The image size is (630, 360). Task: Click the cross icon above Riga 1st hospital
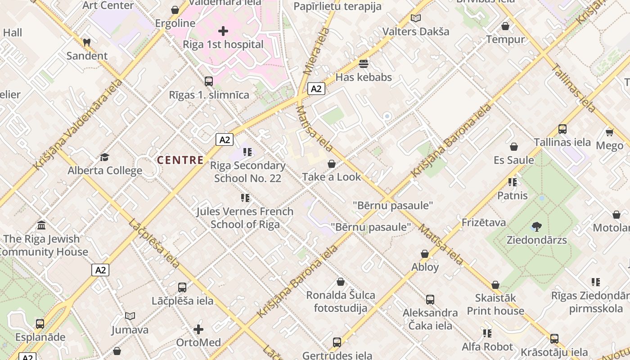(x=223, y=31)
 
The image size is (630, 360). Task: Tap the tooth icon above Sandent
(x=87, y=42)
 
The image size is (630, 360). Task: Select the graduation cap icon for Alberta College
(x=104, y=157)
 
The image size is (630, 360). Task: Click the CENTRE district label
(x=180, y=160)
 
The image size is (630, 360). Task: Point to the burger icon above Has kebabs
(x=364, y=63)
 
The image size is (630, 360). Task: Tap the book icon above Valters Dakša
(x=416, y=18)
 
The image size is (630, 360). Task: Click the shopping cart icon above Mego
(x=610, y=132)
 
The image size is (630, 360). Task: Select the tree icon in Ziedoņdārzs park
(x=536, y=226)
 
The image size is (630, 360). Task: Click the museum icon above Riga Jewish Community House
(x=41, y=225)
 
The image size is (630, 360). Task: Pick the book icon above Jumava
(x=130, y=316)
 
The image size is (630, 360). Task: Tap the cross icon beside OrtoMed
(x=198, y=329)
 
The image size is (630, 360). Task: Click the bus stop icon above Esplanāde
(x=40, y=324)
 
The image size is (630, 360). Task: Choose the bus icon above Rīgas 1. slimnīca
(x=209, y=81)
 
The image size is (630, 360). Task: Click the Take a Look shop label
(x=332, y=177)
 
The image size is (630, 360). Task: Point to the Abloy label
(x=425, y=267)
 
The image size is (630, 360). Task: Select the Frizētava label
(x=484, y=222)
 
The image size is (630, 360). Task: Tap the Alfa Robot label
(x=487, y=347)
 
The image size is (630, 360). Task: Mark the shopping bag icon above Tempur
(x=505, y=26)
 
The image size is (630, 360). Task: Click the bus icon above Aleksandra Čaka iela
(x=430, y=299)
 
